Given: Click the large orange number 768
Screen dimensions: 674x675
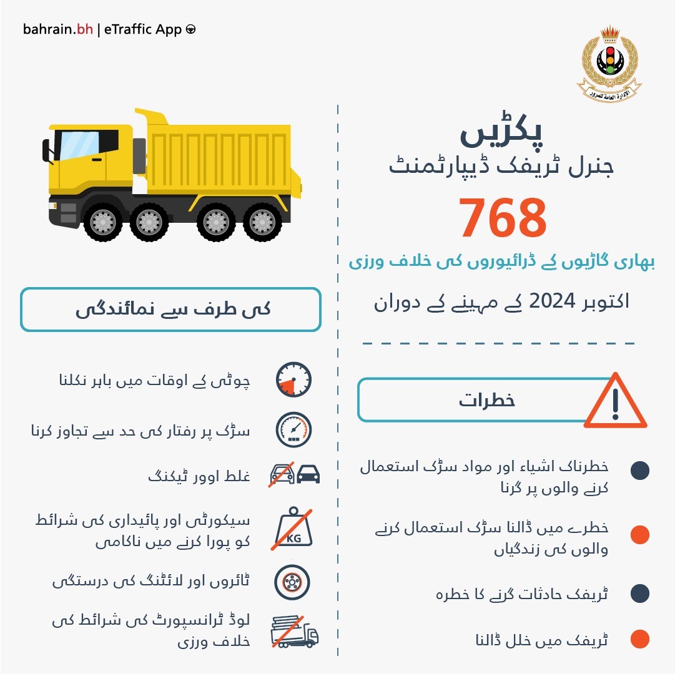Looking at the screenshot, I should pyautogui.click(x=503, y=219).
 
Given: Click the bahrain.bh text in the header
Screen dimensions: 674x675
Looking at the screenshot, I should pyautogui.click(x=58, y=29).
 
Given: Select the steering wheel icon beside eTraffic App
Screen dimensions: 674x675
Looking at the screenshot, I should pyautogui.click(x=190, y=30).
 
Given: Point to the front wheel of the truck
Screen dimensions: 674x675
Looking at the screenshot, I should pyautogui.click(x=102, y=222).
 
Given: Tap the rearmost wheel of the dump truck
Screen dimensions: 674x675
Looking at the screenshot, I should pyautogui.click(x=262, y=222).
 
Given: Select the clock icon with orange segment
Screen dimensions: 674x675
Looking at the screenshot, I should pyautogui.click(x=293, y=380).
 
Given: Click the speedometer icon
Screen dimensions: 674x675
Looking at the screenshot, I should pyautogui.click(x=293, y=429).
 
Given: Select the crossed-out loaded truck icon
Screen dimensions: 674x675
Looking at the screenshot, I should pyautogui.click(x=293, y=632).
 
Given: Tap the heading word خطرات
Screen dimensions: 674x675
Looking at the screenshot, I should pyautogui.click(x=487, y=401).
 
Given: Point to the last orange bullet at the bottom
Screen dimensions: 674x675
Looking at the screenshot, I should pyautogui.click(x=640, y=640).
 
